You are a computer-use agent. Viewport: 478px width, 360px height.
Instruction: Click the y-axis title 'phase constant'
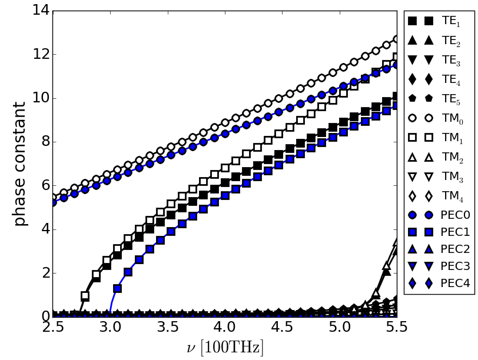tap(20, 164)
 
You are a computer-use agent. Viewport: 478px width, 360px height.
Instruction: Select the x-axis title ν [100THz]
tap(225, 348)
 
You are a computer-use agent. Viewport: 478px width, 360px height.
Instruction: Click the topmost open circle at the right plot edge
tap(397, 39)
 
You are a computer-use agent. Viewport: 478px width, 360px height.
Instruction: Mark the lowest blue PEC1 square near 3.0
tap(117, 289)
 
